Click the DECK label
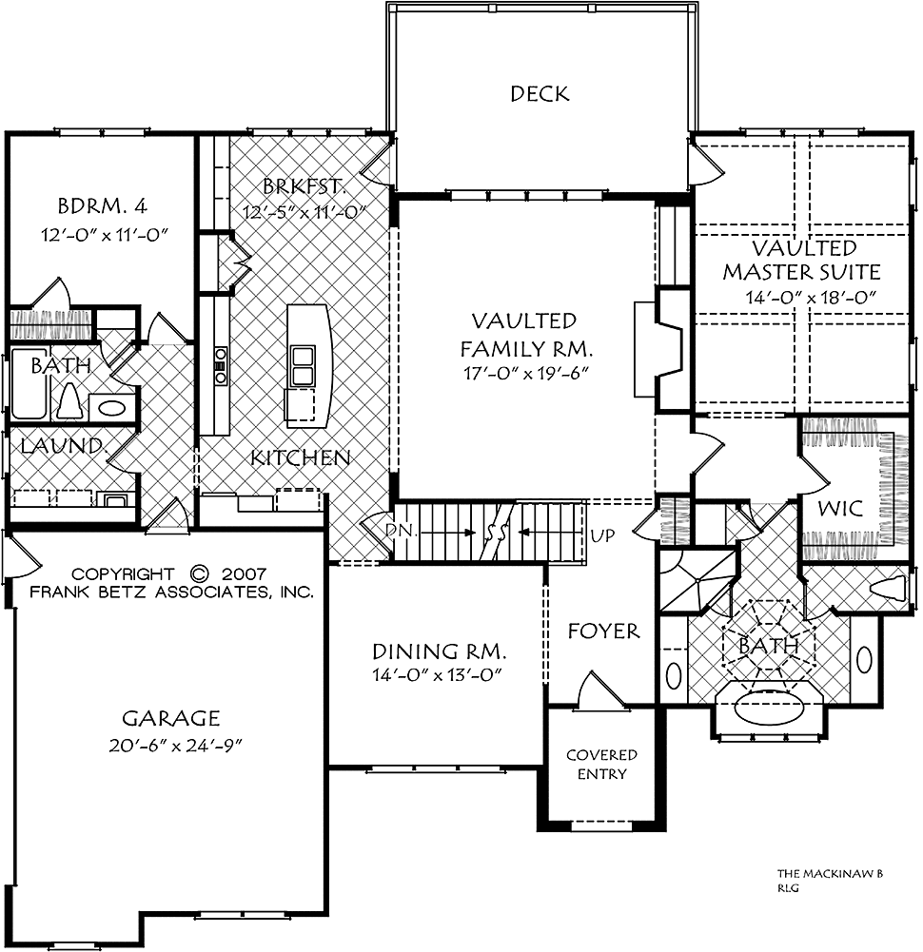pyautogui.click(x=540, y=94)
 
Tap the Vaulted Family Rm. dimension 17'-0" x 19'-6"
pyautogui.click(x=527, y=374)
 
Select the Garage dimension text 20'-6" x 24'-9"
pyautogui.click(x=176, y=746)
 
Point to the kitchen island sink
pyautogui.click(x=302, y=365)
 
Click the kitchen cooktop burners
pyautogui.click(x=220, y=365)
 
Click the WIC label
pyautogui.click(x=840, y=508)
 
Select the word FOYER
pyautogui.click(x=603, y=631)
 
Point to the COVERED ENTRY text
pyautogui.click(x=601, y=765)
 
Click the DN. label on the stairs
pyautogui.click(x=403, y=531)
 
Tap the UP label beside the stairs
pyautogui.click(x=602, y=535)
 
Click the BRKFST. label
pyautogui.click(x=304, y=185)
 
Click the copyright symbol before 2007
pyautogui.click(x=199, y=573)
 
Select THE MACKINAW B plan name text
pyautogui.click(x=830, y=874)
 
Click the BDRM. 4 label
pyautogui.click(x=102, y=206)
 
